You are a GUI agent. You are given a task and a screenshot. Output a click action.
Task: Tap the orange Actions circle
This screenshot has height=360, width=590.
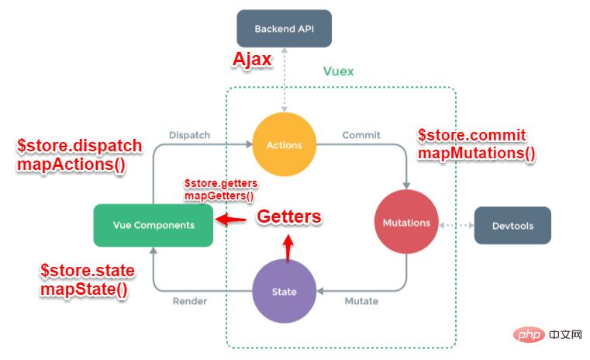pos(284,144)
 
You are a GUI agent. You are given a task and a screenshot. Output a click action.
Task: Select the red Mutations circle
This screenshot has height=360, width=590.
pos(405,223)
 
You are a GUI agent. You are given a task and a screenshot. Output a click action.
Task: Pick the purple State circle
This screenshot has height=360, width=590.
pos(284,291)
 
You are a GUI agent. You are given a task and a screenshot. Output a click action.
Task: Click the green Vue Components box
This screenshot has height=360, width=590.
pos(153,225)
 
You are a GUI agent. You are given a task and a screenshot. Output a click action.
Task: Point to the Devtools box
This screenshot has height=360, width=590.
pos(512,226)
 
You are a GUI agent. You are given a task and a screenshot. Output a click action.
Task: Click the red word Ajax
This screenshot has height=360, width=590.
pos(253,61)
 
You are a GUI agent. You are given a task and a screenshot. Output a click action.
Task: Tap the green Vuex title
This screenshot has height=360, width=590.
pos(338,71)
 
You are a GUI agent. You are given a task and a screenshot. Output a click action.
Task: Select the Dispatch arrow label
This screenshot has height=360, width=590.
pos(189,135)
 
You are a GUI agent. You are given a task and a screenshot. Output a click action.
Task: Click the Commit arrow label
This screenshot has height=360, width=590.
pos(361,135)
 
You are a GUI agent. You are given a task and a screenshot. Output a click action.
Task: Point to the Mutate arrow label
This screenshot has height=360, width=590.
pos(361,301)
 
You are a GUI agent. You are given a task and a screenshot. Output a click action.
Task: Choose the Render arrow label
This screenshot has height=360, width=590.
pos(189,301)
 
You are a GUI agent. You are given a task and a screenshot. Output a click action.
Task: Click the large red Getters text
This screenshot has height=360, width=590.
pos(288,217)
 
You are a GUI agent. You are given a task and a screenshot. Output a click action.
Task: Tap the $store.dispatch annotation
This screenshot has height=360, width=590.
pos(80,146)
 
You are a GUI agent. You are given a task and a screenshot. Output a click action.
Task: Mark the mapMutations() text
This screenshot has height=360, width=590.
pos(476,153)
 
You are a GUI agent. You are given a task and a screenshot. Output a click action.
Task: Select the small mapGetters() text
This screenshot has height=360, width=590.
pos(219,196)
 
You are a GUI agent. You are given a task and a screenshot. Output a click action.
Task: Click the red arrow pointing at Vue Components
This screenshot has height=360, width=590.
pos(230,220)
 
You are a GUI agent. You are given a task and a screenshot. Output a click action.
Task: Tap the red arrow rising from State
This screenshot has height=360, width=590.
pos(288,247)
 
